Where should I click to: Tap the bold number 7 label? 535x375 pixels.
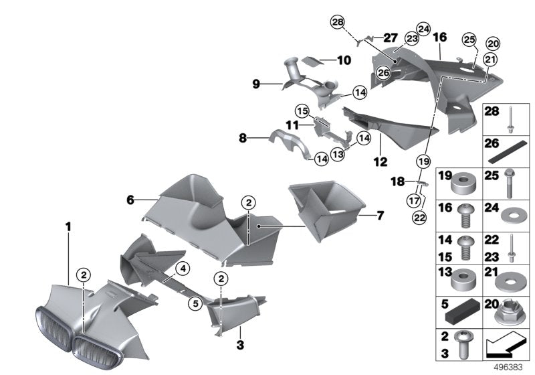pyautogui.click(x=380, y=216)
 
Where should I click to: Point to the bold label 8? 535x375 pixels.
pyautogui.click(x=243, y=139)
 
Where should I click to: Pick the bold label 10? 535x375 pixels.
pyautogui.click(x=344, y=60)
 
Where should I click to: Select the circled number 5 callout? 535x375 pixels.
pyautogui.click(x=195, y=303)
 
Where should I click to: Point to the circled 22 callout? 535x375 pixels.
pyautogui.click(x=418, y=216)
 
